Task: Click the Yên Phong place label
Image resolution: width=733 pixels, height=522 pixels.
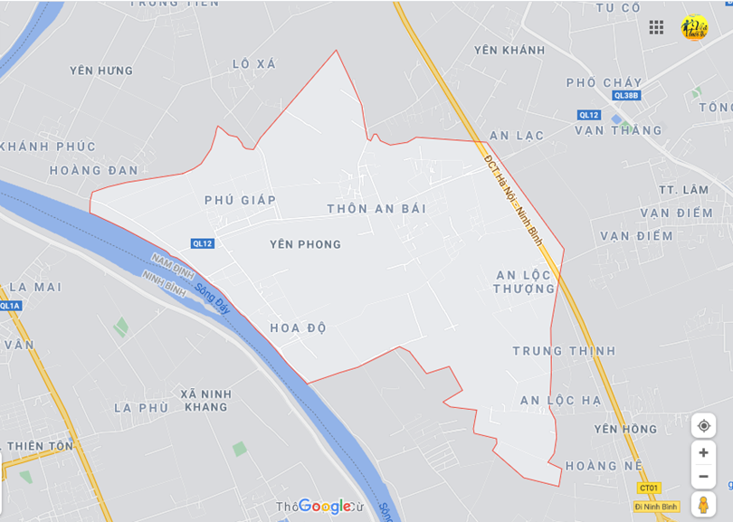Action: [306, 244]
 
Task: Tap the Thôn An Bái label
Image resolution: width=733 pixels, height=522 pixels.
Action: [376, 208]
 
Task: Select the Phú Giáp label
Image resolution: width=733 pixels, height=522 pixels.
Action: [240, 200]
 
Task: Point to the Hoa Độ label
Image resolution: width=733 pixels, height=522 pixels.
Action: [298, 327]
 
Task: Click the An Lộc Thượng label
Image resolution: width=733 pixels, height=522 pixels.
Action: [525, 281]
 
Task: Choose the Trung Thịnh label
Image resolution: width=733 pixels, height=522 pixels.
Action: [564, 351]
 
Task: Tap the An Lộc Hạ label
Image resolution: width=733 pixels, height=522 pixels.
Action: [560, 400]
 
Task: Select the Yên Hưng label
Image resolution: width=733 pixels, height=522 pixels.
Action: [101, 71]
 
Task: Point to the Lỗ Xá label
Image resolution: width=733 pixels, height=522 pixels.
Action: [253, 64]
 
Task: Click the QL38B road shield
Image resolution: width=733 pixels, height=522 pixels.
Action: [626, 95]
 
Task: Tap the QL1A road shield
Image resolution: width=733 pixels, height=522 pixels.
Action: [10, 306]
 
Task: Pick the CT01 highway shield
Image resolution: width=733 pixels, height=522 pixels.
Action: [648, 488]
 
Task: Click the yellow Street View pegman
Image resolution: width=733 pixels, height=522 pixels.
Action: [703, 504]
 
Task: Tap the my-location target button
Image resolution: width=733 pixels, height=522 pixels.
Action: [703, 425]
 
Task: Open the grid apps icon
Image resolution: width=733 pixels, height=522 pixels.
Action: [656, 27]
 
